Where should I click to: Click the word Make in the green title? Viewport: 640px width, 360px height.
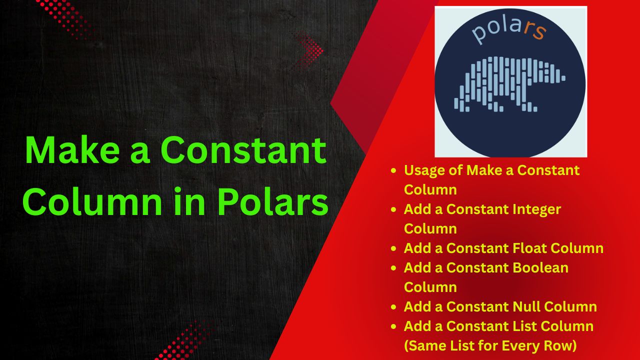(72, 150)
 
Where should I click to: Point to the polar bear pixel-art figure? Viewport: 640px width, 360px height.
(509, 84)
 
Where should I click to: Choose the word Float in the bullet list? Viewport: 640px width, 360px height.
(529, 248)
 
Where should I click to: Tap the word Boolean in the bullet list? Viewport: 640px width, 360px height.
(540, 267)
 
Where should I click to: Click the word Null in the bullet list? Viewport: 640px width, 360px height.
(526, 306)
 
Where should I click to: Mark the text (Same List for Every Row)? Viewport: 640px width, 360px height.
(490, 345)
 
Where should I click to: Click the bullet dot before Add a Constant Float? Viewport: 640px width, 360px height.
(393, 248)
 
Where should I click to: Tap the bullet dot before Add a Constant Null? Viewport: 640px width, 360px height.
(393, 307)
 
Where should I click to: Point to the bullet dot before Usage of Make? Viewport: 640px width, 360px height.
(393, 170)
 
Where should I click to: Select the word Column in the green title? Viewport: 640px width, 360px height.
(92, 201)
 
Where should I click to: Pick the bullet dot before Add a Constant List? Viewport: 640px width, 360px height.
(393, 326)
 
